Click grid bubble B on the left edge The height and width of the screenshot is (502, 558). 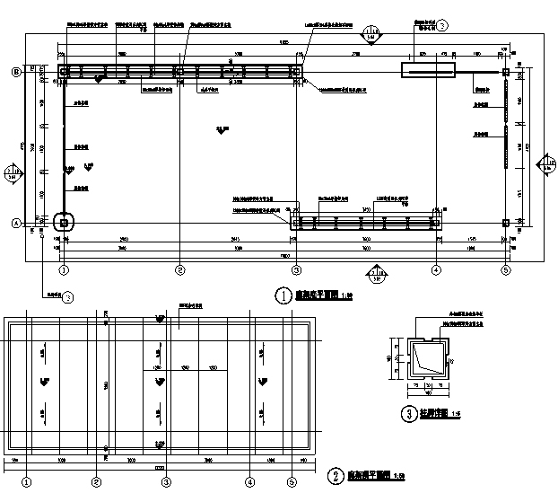coord(15,71)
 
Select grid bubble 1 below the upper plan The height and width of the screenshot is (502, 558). coord(64,269)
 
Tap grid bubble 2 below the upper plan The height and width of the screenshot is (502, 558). coord(180,269)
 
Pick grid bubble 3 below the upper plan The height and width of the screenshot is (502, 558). coord(296,269)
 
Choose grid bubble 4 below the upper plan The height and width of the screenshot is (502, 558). coord(435,269)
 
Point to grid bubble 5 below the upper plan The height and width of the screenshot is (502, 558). coord(506,269)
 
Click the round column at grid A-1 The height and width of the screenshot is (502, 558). coord(64,222)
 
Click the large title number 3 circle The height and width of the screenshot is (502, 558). coord(408,414)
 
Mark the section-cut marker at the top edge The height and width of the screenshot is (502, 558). coord(371,35)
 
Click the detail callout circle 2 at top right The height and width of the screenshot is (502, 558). coord(441,27)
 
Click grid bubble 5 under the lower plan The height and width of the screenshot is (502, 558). coord(292,480)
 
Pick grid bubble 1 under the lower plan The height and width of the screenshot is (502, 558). coord(28,480)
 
